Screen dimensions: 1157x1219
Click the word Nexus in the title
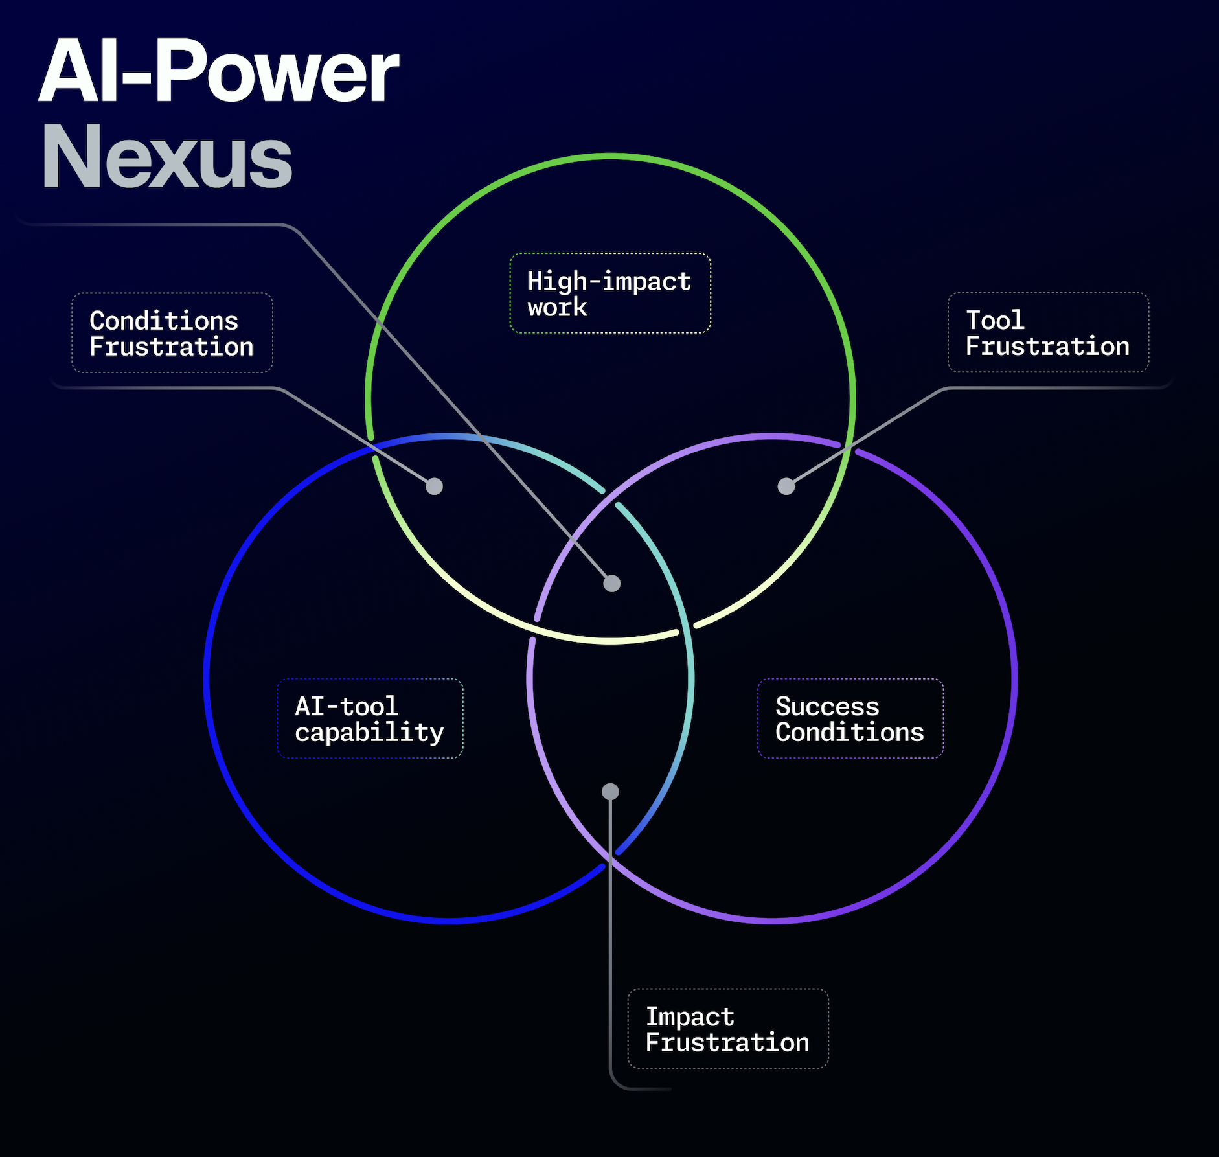(166, 157)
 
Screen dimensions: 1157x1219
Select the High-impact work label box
(610, 293)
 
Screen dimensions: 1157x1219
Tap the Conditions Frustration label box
(172, 333)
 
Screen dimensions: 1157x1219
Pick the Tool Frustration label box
(1047, 332)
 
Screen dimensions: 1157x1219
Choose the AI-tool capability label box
(370, 718)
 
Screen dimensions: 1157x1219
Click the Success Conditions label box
(850, 718)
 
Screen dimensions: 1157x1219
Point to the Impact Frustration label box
(727, 1029)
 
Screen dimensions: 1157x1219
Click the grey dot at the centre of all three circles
(611, 584)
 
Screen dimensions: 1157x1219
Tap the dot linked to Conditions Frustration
(434, 486)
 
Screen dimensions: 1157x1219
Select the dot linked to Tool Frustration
(786, 486)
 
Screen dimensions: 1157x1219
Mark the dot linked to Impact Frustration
(610, 792)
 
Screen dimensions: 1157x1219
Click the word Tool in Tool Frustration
(995, 320)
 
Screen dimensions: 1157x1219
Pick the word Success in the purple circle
(827, 706)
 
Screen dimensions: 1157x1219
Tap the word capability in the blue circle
(369, 733)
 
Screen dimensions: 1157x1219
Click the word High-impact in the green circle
(609, 282)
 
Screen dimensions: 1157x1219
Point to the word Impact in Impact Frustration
(690, 1016)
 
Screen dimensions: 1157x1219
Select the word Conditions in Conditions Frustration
(164, 321)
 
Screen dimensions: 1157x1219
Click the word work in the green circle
(557, 307)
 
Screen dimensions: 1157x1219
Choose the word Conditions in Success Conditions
(850, 732)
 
